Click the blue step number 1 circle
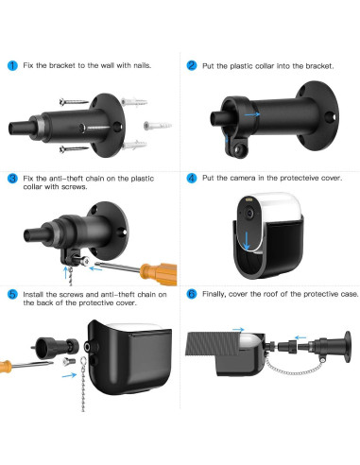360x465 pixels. point(12,65)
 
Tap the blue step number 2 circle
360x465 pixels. point(192,65)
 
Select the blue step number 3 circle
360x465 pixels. point(12,179)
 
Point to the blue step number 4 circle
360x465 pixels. point(192,178)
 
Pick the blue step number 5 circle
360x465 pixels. point(12,294)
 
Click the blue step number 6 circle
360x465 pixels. point(192,294)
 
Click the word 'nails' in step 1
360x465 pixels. point(142,65)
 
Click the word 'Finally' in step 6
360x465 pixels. point(214,294)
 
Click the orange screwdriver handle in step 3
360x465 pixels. point(159,273)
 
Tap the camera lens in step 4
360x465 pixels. point(249,214)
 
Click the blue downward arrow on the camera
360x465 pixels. point(247,240)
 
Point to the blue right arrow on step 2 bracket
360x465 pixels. point(252,114)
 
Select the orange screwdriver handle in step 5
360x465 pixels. point(6,367)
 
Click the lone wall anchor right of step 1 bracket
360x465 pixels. point(158,126)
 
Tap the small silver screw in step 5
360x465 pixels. point(69,361)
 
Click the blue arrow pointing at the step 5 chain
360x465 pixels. point(69,375)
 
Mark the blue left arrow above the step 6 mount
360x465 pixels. point(300,337)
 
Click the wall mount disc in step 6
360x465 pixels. point(348,347)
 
